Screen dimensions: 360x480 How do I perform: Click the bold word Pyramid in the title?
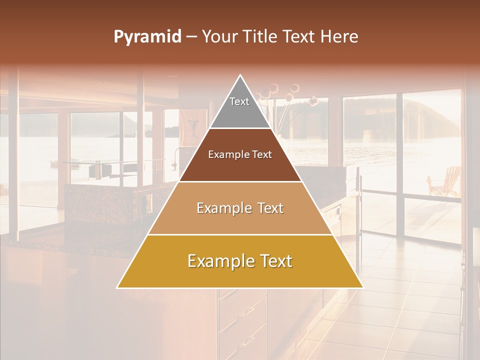[147, 37]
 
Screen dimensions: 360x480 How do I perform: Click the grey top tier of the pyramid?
[240, 107]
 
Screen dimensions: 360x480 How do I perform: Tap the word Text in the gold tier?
[274, 261]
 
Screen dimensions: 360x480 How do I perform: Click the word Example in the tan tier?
[222, 208]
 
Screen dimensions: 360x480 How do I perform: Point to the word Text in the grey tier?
[239, 101]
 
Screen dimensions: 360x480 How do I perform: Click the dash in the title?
[191, 37]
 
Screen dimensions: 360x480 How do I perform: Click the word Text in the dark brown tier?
[261, 155]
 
